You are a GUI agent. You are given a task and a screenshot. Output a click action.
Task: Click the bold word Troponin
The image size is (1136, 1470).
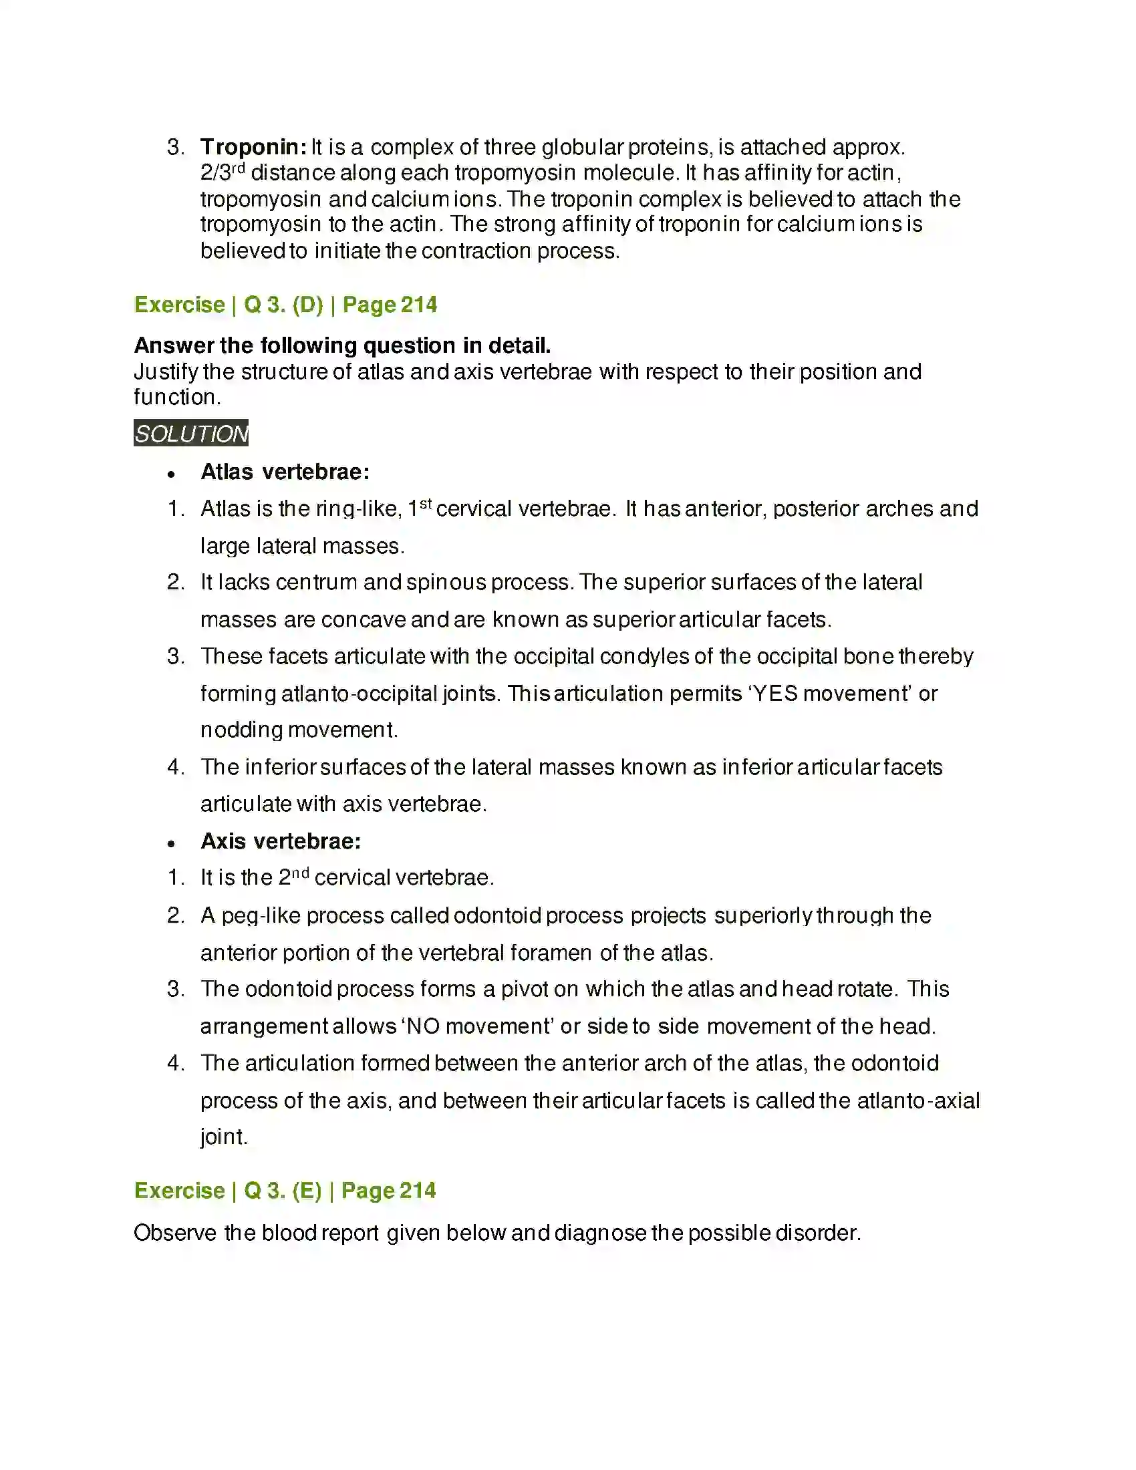click(253, 147)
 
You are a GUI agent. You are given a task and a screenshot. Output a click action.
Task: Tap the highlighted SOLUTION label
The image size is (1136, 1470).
click(191, 434)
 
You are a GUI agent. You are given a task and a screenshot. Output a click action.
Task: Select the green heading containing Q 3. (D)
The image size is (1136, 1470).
click(285, 305)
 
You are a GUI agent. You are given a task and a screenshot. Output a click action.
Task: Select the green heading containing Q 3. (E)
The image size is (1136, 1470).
click(285, 1191)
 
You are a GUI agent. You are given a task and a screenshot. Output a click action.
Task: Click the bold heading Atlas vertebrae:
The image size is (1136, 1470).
click(285, 472)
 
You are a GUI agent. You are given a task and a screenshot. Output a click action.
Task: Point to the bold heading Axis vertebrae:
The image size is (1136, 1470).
click(281, 841)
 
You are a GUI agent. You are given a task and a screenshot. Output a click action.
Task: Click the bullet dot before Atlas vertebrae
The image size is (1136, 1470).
click(172, 474)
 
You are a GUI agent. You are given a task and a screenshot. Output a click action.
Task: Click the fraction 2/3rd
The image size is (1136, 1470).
click(222, 172)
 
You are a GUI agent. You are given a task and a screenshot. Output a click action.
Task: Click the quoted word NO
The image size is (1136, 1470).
click(423, 1026)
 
